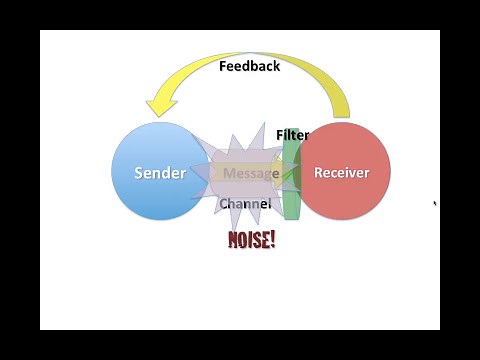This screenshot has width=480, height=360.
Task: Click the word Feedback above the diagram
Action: (x=249, y=66)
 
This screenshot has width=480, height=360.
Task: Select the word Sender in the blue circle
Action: (x=160, y=173)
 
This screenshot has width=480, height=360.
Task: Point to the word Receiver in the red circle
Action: (x=342, y=173)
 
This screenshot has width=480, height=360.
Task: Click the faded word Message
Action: (x=251, y=173)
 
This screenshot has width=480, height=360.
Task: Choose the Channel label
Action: (x=245, y=203)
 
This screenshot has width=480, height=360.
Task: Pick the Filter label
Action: (x=293, y=135)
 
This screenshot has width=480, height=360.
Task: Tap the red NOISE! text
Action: (x=251, y=240)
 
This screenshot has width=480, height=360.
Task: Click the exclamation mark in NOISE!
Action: (x=271, y=240)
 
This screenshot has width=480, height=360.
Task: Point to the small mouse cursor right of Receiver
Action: (x=434, y=203)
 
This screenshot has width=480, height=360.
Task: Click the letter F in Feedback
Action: (x=223, y=66)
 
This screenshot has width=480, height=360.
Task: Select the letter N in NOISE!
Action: (x=234, y=240)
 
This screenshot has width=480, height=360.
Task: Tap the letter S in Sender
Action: (x=139, y=173)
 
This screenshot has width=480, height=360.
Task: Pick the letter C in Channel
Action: (x=224, y=203)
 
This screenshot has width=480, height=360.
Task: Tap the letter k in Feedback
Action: (x=276, y=66)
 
